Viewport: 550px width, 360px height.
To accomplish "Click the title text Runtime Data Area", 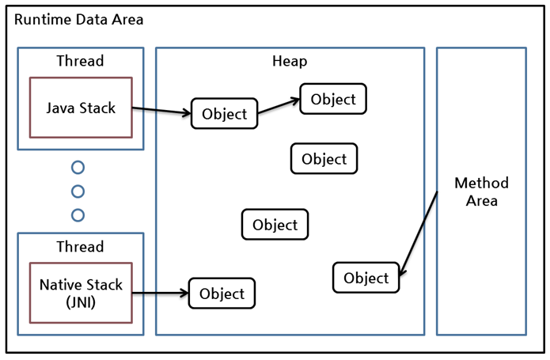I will pyautogui.click(x=79, y=19).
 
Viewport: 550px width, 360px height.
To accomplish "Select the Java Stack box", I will pyautogui.click(x=81, y=108).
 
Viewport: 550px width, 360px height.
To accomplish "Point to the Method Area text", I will pyautogui.click(x=481, y=191).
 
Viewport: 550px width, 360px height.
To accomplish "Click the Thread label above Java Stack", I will pyautogui.click(x=80, y=61).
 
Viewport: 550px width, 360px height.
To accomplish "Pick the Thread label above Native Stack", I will pyautogui.click(x=80, y=246).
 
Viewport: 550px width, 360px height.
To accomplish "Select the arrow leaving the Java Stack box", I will pyautogui.click(x=161, y=111).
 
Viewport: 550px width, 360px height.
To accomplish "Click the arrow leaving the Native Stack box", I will pyautogui.click(x=160, y=294).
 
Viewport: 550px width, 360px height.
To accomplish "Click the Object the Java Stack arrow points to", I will pyautogui.click(x=225, y=114).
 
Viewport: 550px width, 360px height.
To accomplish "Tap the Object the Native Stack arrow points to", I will pyautogui.click(x=222, y=294).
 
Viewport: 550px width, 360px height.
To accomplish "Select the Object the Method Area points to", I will pyautogui.click(x=366, y=278).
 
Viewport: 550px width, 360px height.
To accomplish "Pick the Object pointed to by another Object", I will pyautogui.click(x=333, y=99).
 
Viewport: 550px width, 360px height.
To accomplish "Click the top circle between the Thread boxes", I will pyautogui.click(x=78, y=168).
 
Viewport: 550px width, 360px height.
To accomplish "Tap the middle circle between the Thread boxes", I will pyautogui.click(x=78, y=191).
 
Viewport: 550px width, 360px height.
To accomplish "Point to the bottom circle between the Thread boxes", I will pyautogui.click(x=78, y=214).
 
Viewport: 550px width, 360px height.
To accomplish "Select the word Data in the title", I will pyautogui.click(x=93, y=19).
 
